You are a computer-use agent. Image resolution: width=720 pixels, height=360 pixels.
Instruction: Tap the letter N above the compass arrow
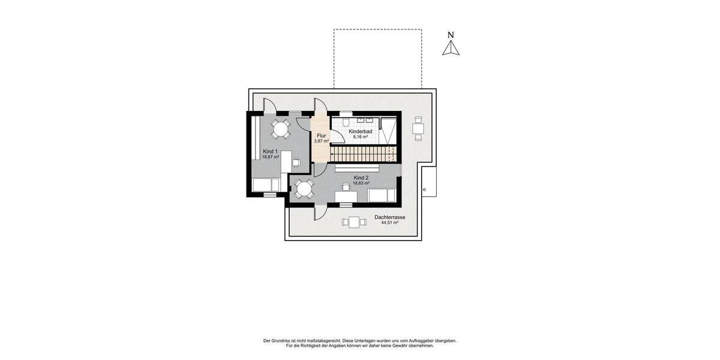click(x=451, y=35)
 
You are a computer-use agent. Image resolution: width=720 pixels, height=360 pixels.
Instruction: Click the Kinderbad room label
click(x=361, y=131)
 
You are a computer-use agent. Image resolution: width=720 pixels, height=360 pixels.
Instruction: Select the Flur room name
click(x=321, y=136)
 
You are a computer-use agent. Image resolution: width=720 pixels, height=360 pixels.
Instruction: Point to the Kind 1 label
click(x=270, y=151)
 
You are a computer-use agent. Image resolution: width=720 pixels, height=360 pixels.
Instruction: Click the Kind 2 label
click(x=361, y=178)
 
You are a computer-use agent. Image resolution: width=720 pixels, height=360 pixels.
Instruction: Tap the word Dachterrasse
click(x=390, y=217)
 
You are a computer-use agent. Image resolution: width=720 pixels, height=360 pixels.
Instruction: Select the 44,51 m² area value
click(x=390, y=223)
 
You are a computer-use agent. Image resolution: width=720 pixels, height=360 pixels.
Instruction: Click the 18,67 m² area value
click(x=271, y=157)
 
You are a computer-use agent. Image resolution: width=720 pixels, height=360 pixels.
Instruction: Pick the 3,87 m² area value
click(x=321, y=141)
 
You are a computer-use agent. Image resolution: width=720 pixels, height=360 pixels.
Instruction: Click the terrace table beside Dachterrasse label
click(x=354, y=222)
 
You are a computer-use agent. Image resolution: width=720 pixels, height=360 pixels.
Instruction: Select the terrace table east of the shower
click(x=418, y=128)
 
